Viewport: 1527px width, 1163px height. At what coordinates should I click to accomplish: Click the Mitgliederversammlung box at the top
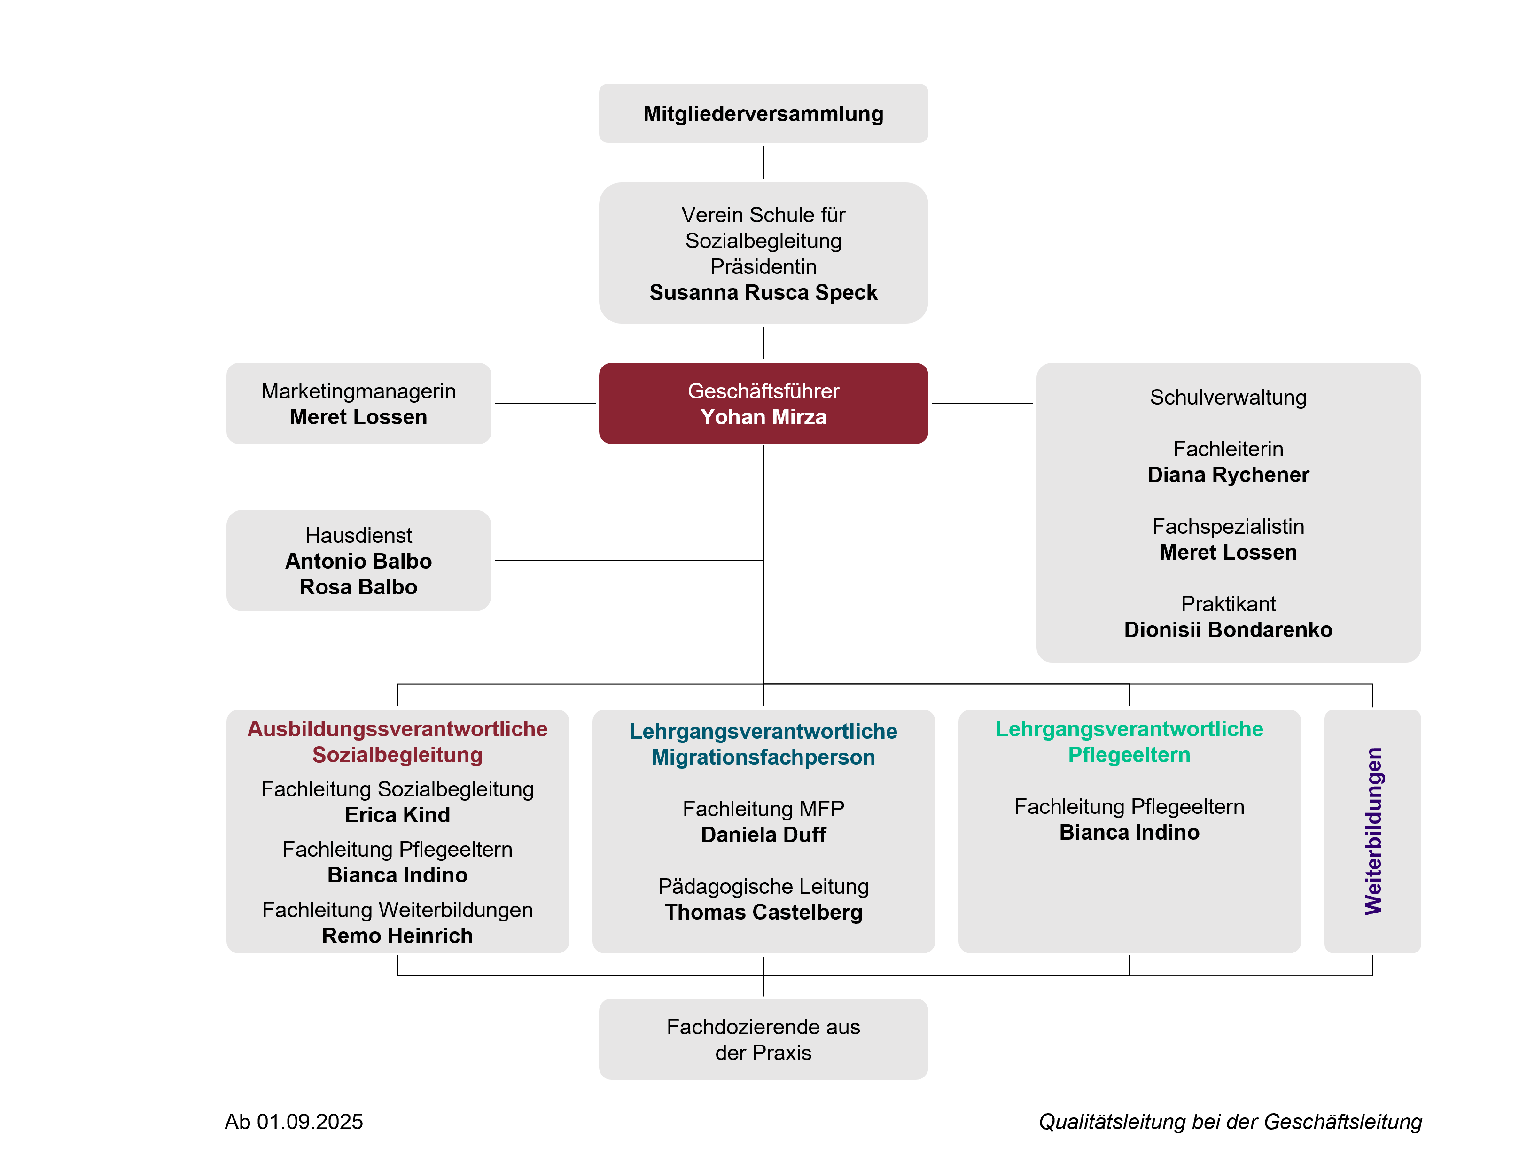[763, 114]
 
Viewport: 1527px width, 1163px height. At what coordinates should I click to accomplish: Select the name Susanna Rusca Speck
[763, 293]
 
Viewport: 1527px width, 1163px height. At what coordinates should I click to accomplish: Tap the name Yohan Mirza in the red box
[763, 417]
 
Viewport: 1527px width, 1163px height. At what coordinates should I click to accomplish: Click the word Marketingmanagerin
[358, 391]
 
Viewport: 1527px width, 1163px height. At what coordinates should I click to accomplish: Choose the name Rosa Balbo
[358, 587]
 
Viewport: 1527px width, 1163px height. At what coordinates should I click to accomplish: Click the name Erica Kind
[397, 815]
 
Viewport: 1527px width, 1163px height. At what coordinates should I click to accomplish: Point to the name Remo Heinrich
[397, 936]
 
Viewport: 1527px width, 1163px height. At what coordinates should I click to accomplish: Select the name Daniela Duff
[763, 835]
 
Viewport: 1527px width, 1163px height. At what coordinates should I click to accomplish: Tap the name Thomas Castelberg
[763, 913]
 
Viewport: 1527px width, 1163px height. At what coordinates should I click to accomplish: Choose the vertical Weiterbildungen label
[1372, 831]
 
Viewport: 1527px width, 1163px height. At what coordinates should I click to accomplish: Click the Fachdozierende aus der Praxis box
[763, 1039]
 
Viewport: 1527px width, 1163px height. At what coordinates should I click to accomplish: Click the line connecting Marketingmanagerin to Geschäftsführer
[545, 403]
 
